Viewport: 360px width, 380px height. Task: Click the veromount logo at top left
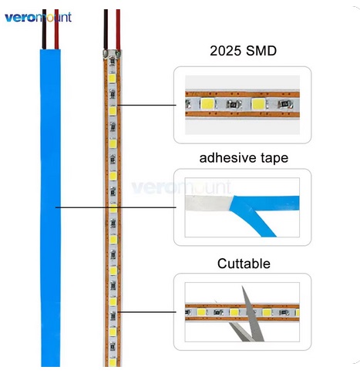pos(38,18)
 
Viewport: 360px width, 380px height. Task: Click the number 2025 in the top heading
pos(225,51)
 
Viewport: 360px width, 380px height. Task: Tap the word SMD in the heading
pos(261,51)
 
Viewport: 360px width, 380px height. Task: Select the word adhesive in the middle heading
pos(227,157)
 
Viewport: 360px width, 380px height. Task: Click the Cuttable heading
pos(244,264)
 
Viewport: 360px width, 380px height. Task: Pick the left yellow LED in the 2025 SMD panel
pos(207,104)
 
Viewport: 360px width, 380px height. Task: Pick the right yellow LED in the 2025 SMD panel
pos(258,104)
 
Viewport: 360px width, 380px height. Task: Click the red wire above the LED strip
pos(118,30)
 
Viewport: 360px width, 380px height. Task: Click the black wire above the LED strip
pos(106,29)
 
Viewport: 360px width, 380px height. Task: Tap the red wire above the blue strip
pos(56,29)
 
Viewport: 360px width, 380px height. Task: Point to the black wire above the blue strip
pos(44,29)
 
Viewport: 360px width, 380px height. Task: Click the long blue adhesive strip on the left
pos(50,207)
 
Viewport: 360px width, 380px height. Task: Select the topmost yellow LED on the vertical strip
pos(113,78)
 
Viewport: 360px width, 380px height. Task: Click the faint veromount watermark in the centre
pos(181,187)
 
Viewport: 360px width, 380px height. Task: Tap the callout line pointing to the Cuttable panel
pos(146,312)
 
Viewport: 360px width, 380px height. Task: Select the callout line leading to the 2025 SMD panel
pos(146,105)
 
